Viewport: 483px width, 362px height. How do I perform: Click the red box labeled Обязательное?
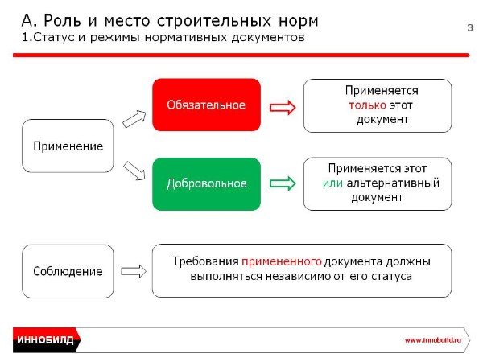point(206,105)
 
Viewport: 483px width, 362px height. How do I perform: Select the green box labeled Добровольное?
point(206,184)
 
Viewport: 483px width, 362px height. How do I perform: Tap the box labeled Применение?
point(68,146)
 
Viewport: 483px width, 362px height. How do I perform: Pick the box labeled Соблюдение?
point(68,271)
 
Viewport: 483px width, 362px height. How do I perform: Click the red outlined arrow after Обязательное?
point(283,108)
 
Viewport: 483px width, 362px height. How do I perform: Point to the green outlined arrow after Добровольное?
point(283,183)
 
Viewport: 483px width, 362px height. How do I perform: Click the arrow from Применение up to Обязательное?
point(134,119)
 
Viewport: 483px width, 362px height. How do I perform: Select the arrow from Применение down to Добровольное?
point(134,171)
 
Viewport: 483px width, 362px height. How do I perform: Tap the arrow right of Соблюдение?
point(134,271)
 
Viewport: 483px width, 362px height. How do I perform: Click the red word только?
point(368,105)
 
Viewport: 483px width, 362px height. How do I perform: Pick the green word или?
point(332,183)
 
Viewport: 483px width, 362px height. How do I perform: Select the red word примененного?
point(282,261)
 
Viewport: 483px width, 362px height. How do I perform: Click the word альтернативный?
point(393,183)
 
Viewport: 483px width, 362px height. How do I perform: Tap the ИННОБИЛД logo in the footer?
point(46,339)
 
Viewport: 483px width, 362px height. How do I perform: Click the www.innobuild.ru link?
point(433,340)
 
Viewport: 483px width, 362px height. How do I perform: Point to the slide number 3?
point(470,27)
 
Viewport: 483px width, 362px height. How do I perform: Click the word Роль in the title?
point(63,21)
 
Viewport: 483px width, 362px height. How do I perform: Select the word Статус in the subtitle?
point(54,37)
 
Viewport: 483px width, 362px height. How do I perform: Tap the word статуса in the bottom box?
point(391,276)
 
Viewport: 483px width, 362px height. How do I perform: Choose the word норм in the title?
point(298,22)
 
